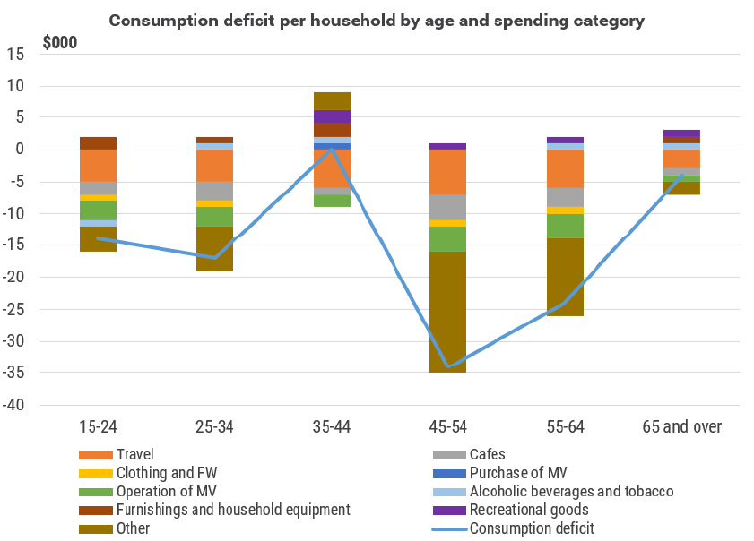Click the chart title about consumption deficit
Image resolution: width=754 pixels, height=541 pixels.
[x=376, y=21]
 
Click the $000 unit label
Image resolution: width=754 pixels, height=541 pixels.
[x=60, y=42]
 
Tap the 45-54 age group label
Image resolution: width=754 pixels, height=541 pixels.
[x=447, y=427]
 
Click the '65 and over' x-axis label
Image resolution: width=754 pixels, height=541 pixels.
[x=681, y=427]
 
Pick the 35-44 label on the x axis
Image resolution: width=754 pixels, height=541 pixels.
[x=331, y=427]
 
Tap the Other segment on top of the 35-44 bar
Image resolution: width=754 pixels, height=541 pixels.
[x=331, y=101]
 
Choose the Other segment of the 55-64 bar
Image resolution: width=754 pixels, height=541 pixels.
[x=565, y=277]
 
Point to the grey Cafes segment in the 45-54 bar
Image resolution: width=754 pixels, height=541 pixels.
[x=447, y=207]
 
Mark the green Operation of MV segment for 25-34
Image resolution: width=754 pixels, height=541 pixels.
[x=214, y=217]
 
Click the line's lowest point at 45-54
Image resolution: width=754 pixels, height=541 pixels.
[x=447, y=366]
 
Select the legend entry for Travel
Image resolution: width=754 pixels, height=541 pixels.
[x=134, y=455]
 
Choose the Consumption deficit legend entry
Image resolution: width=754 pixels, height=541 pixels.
[x=531, y=528]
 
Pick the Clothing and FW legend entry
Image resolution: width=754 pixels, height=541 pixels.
[x=165, y=473]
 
